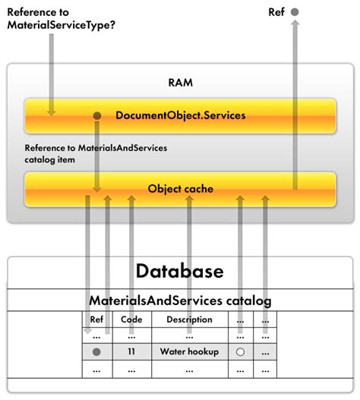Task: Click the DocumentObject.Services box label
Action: (180, 115)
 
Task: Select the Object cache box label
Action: (180, 189)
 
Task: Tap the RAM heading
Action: (180, 82)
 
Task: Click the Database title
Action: (180, 271)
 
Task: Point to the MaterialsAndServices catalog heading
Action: (180, 301)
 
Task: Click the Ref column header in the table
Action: (96, 320)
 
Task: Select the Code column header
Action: (131, 320)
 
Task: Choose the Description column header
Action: (189, 320)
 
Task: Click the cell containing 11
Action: (131, 352)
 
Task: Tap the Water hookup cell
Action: (189, 352)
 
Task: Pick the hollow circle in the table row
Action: (240, 352)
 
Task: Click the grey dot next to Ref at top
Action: (295, 12)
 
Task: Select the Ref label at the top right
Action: (277, 12)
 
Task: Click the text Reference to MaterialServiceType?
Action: (61, 19)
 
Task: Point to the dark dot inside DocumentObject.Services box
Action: (97, 115)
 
